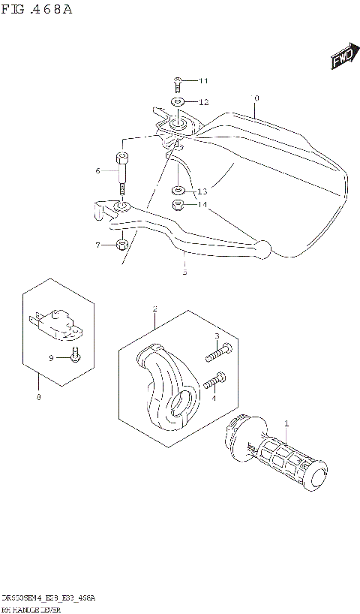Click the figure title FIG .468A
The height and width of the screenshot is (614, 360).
37,10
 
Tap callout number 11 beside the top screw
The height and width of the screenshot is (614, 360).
204,81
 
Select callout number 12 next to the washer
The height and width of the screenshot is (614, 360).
204,101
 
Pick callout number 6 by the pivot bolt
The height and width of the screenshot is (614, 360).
97,171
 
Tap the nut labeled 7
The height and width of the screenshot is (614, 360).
121,244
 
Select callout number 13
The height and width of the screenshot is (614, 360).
202,191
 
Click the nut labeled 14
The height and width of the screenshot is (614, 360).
178,204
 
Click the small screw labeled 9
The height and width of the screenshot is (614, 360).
74,356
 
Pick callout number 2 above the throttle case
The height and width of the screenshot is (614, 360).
154,309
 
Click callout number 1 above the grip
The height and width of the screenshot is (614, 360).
286,425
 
